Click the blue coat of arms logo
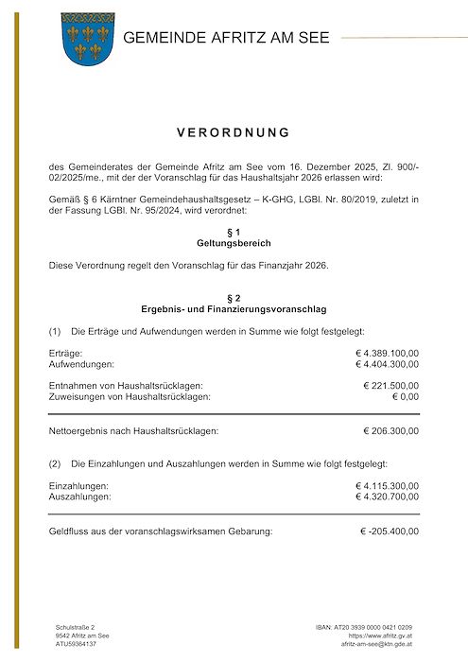(x=87, y=38)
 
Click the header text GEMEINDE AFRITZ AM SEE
(x=226, y=38)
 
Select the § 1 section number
(x=234, y=232)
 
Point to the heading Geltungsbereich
(x=234, y=243)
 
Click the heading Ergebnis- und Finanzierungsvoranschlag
(x=234, y=309)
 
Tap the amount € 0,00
(x=405, y=396)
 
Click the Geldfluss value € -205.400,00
(x=389, y=531)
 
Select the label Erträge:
(x=65, y=353)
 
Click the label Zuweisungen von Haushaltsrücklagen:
(x=130, y=396)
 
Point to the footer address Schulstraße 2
(x=76, y=627)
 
